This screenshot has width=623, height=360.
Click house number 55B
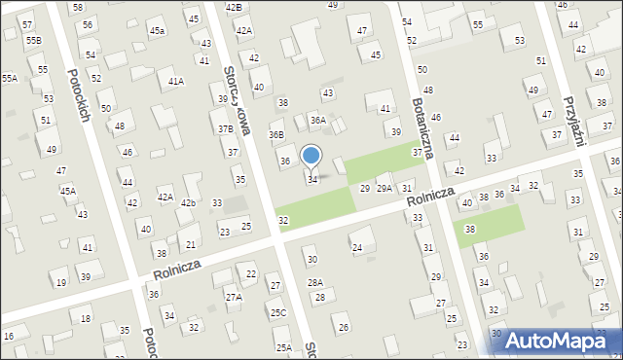point(34,40)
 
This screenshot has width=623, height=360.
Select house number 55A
point(9,78)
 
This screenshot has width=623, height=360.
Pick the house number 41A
point(175,82)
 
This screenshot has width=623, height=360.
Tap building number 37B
point(225,128)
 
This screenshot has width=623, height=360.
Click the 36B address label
point(276,135)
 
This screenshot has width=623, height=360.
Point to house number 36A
point(317,120)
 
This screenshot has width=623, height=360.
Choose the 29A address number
point(385,188)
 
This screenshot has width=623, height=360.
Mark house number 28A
point(315,282)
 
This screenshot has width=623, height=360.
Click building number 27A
point(234,297)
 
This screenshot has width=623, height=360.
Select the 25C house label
point(278,312)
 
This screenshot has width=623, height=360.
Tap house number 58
point(78,7)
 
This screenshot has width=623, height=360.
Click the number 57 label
point(26,23)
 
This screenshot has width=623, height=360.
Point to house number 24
point(357,248)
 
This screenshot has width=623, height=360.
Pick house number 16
point(9,336)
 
